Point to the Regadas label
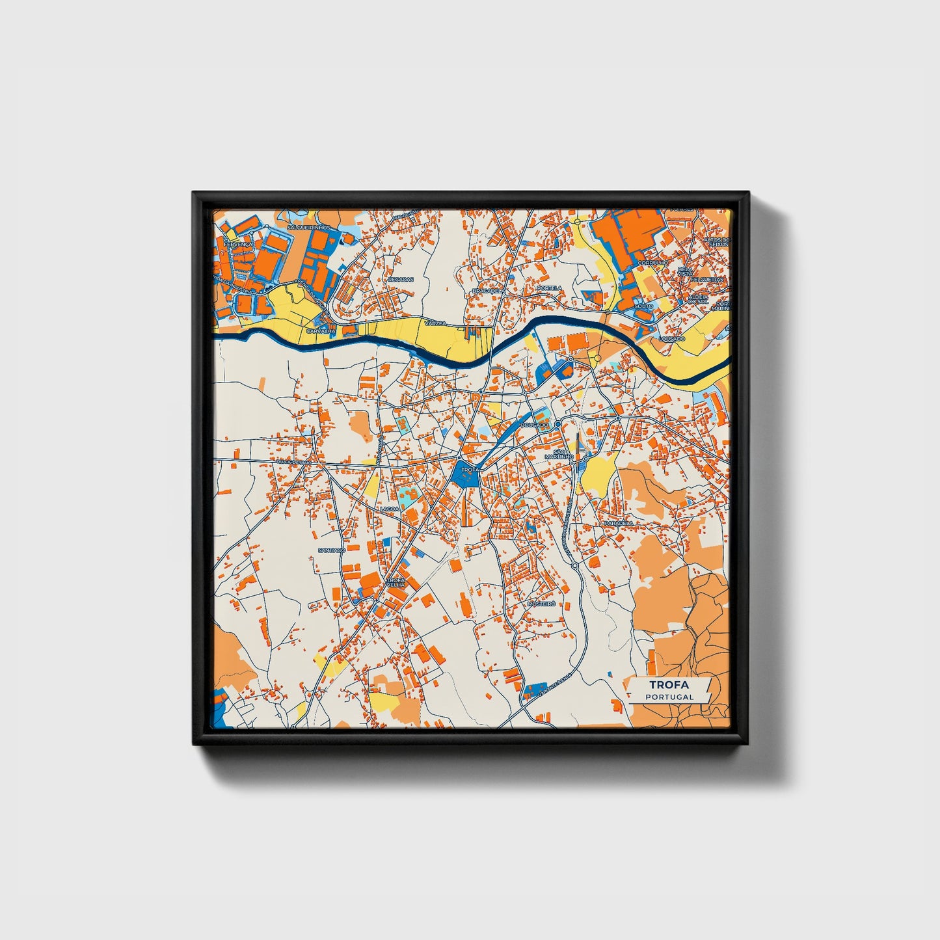click(400, 279)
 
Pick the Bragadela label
click(488, 290)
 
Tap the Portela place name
click(550, 288)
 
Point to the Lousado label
click(672, 340)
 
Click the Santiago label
click(331, 550)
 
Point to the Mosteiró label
click(542, 604)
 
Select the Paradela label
click(618, 523)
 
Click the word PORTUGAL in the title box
click(669, 697)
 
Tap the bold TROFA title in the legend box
click(669, 684)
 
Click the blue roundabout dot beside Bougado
click(558, 423)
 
